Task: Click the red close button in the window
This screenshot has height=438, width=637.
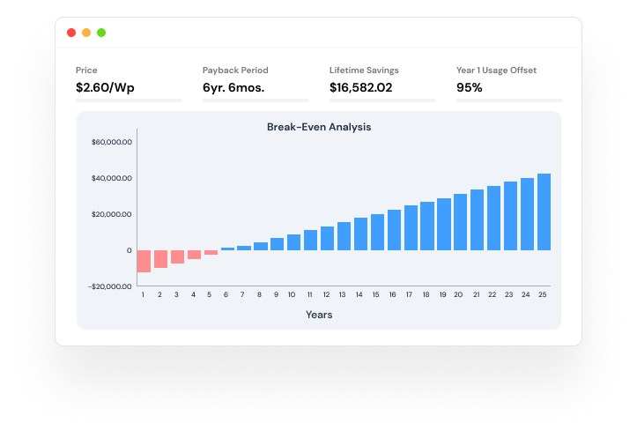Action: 71,33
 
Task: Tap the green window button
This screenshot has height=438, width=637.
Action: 101,33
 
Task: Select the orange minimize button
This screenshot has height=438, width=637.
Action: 86,33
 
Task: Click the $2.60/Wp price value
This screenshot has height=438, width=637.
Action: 104,87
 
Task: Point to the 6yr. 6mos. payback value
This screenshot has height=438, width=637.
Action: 233,87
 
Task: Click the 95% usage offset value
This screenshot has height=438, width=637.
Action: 470,87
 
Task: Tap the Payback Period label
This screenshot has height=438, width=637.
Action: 235,70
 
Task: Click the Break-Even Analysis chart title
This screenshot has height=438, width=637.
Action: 319,127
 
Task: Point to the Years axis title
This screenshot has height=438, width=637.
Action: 319,314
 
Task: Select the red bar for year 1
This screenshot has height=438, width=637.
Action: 144,261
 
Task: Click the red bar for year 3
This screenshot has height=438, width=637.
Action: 177,256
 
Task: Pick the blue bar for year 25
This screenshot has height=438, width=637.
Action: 544,212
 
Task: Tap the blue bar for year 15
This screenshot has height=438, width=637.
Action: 377,232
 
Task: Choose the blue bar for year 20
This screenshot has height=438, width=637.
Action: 460,222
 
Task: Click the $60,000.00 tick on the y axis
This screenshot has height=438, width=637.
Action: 111,142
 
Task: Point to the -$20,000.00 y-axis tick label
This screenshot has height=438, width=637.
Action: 111,286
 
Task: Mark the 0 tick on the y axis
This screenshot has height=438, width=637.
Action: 129,250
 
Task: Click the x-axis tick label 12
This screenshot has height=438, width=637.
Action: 327,294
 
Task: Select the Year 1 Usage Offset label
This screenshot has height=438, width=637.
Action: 496,70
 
